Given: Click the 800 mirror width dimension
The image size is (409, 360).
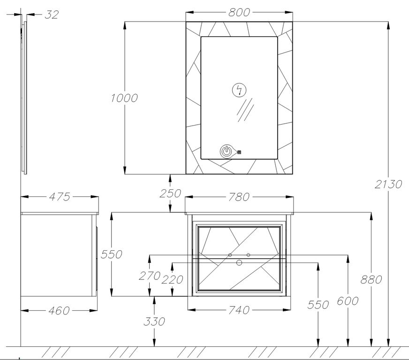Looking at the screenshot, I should click(239, 12).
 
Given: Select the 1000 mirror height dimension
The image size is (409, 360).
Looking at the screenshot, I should click(124, 98).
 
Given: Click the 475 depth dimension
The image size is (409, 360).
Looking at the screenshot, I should click(60, 197).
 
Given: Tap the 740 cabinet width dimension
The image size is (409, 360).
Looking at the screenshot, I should click(239, 310).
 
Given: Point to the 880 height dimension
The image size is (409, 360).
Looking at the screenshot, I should click(371, 280).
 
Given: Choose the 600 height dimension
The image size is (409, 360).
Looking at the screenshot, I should click(348, 301).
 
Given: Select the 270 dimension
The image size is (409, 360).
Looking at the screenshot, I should click(150, 276).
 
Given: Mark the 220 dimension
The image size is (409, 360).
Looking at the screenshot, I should click(172, 280).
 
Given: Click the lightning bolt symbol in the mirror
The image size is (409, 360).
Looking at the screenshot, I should click(239, 90).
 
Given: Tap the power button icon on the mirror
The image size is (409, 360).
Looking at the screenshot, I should click(227, 152).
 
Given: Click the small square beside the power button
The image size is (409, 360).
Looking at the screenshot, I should click(239, 152).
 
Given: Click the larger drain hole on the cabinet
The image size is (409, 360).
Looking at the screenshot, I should click(239, 263).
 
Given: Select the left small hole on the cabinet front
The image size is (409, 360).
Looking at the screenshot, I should click(230, 255).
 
